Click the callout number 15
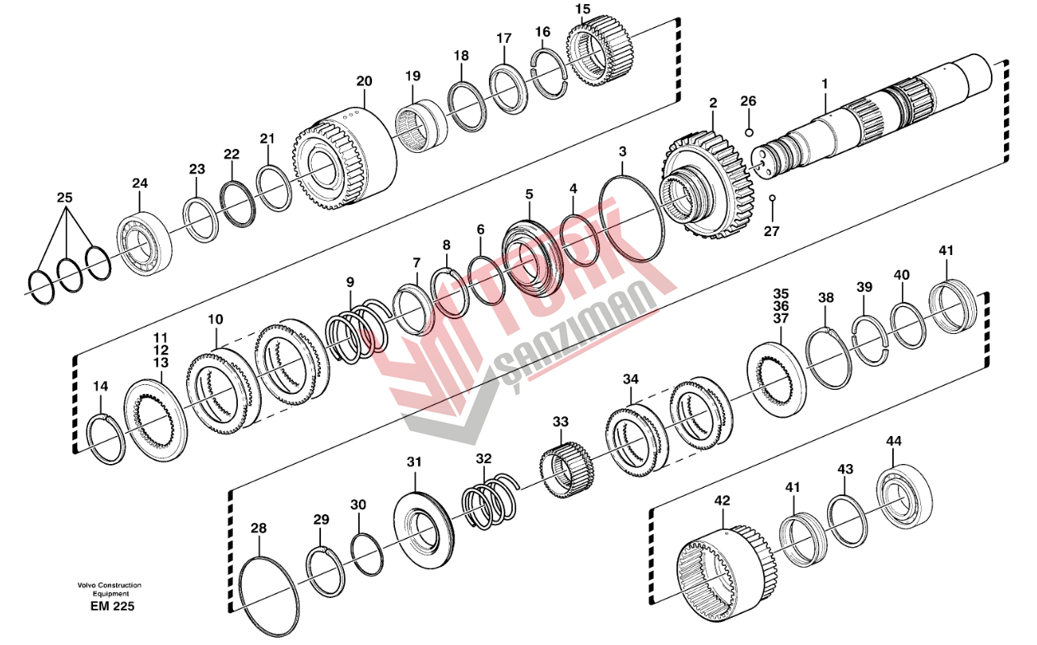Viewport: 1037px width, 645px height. click(583, 9)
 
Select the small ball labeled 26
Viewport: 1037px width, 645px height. click(749, 132)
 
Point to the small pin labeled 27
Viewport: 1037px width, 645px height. click(772, 198)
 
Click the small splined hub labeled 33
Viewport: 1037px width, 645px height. click(567, 470)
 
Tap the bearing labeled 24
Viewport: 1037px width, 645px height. click(145, 245)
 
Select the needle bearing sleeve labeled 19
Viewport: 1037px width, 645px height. click(421, 127)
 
